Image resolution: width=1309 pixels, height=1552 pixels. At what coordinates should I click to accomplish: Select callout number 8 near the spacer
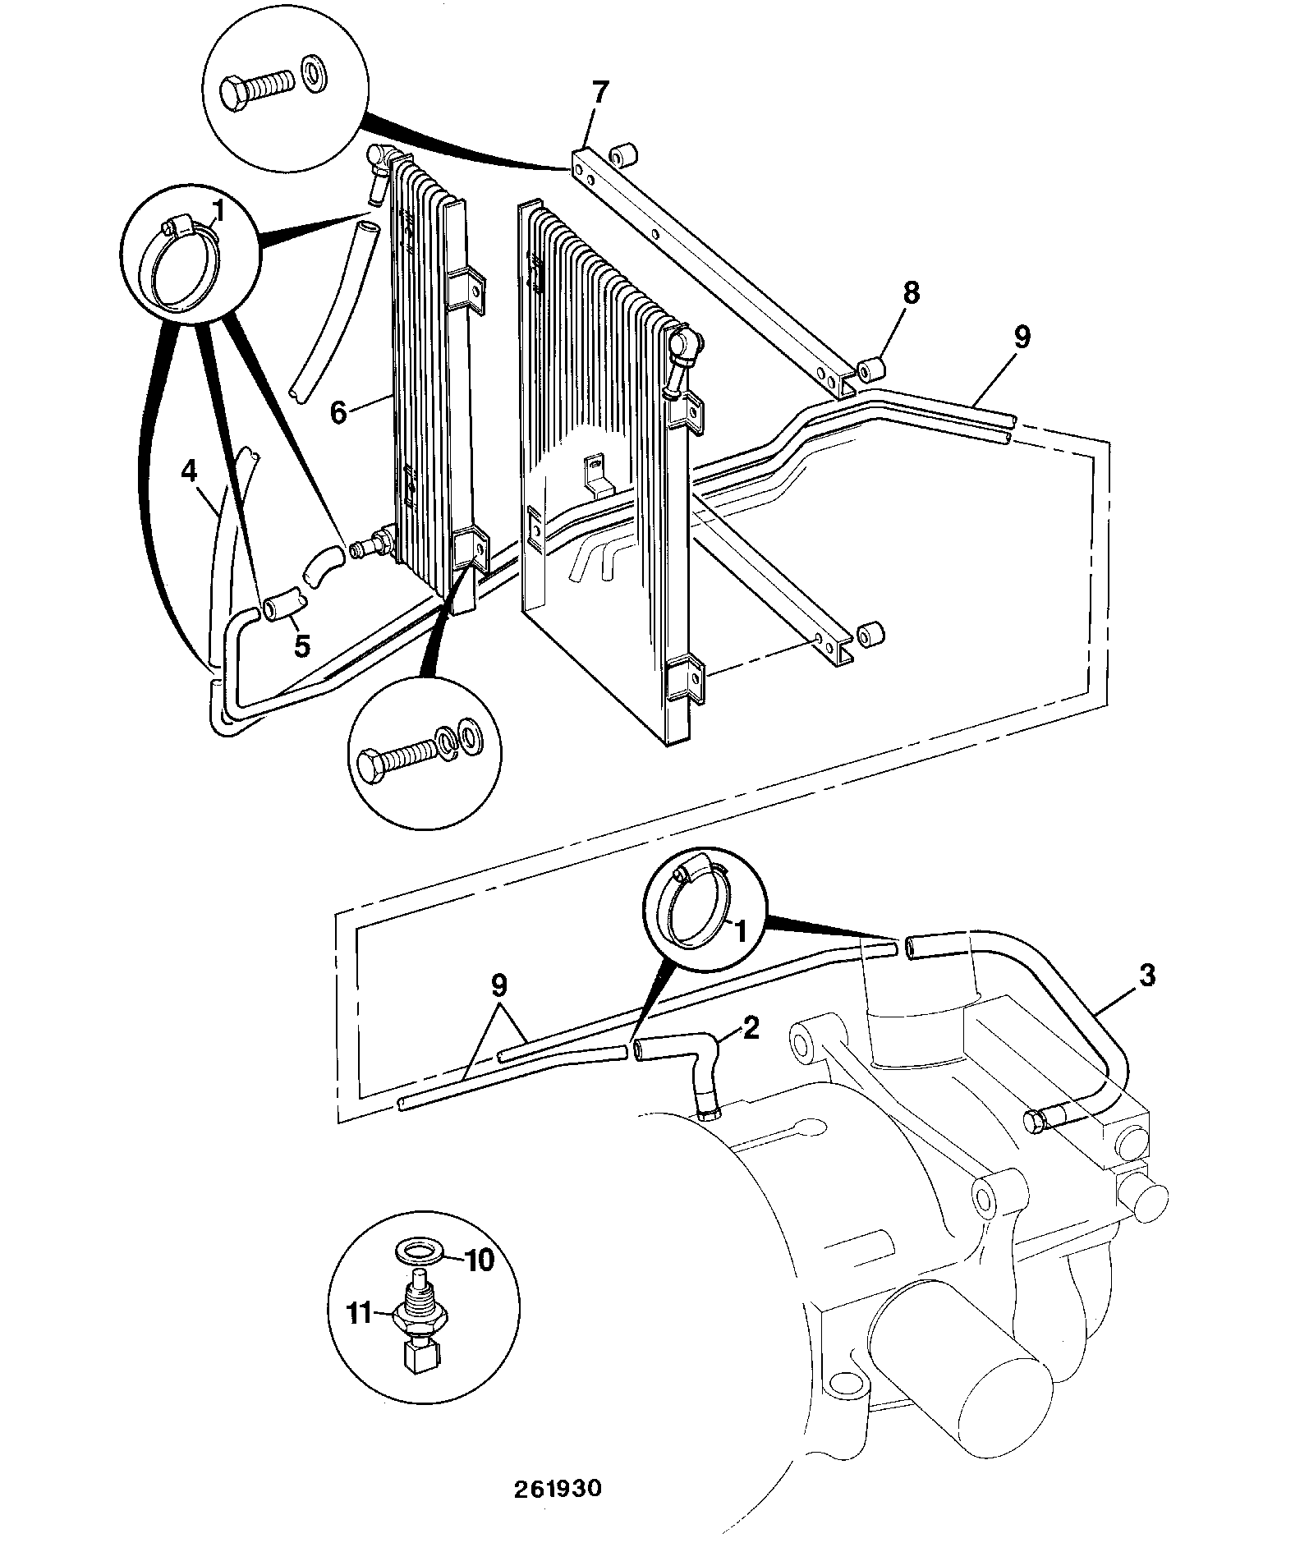point(911,293)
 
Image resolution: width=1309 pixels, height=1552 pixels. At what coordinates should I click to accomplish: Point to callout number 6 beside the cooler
point(339,411)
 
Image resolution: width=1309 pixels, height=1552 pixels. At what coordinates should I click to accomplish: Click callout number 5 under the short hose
point(302,645)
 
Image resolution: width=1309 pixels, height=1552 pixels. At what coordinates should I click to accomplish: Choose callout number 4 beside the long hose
point(190,472)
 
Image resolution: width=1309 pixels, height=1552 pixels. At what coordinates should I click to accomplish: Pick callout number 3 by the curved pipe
point(1147,976)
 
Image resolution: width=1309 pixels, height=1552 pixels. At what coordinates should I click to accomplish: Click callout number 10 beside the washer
point(480,1259)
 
